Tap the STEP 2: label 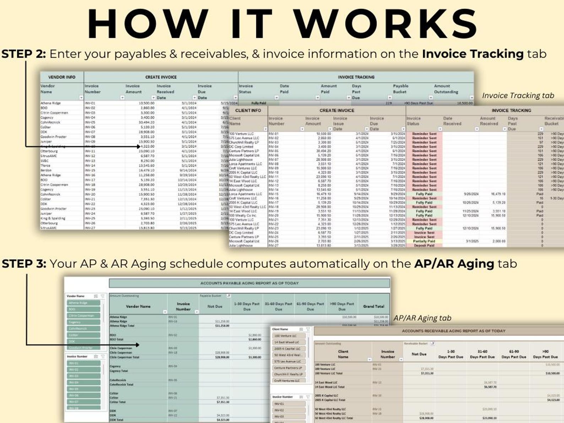click(x=23, y=54)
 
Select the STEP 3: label click(x=24, y=264)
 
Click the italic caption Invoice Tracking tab click(x=517, y=95)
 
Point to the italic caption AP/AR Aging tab click(x=422, y=318)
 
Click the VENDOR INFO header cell click(x=62, y=77)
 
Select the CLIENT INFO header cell click(x=248, y=110)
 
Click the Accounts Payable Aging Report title click(x=249, y=283)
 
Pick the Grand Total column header click(x=374, y=306)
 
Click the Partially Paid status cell click(x=424, y=241)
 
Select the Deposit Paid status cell click(x=424, y=245)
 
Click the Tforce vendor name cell click(x=45, y=166)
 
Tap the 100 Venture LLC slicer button click(x=288, y=336)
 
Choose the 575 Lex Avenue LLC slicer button click(x=288, y=361)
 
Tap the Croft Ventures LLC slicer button click(x=288, y=380)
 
